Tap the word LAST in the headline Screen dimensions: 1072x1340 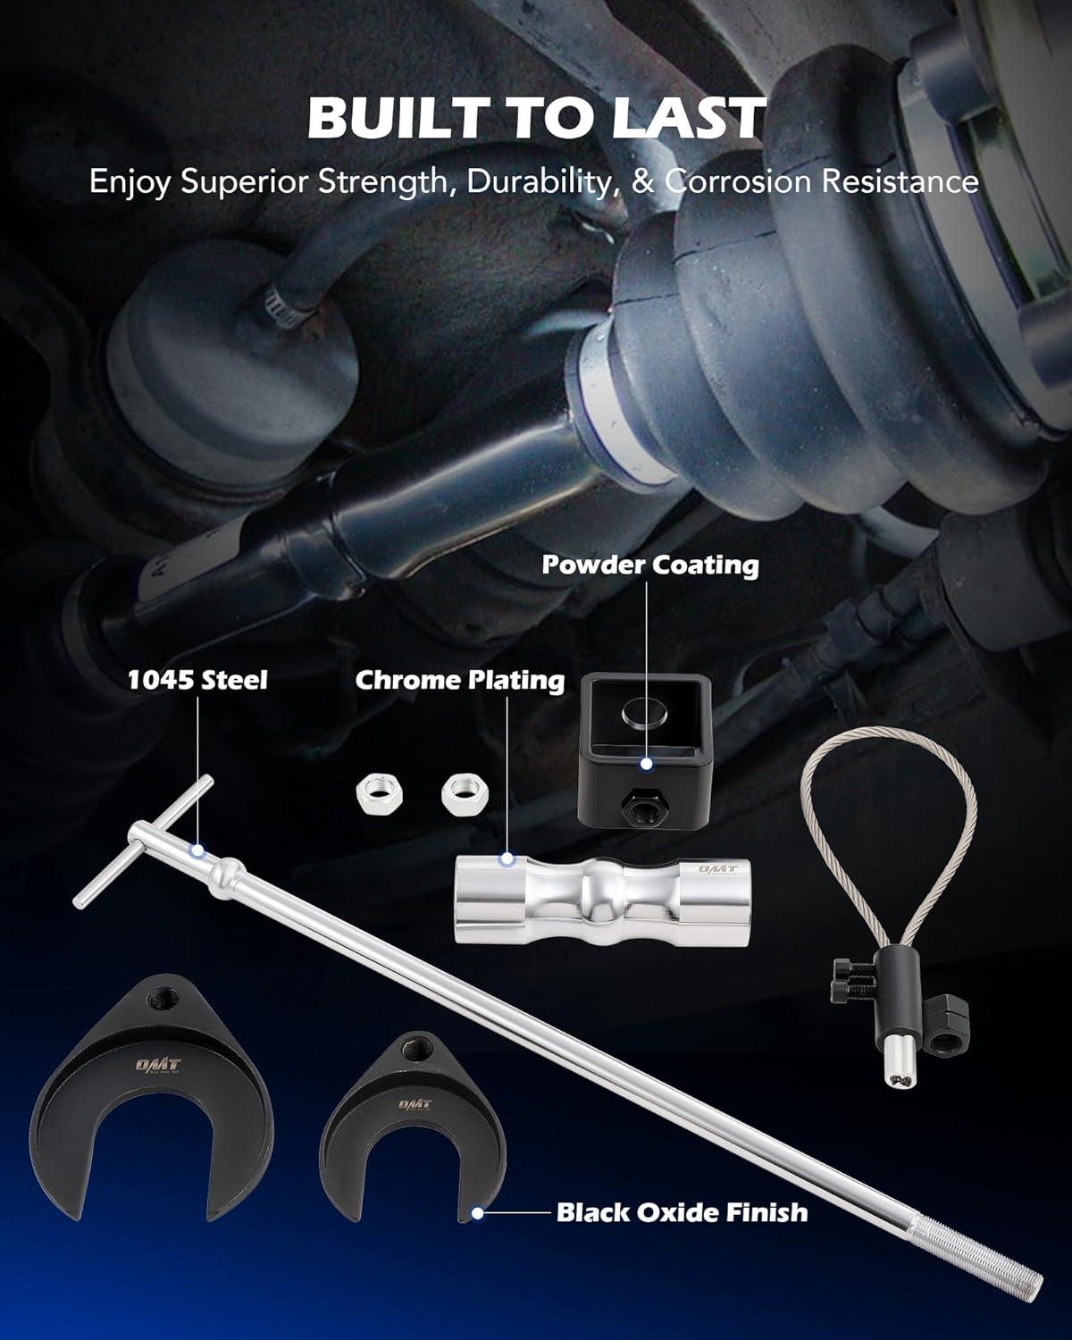click(x=688, y=118)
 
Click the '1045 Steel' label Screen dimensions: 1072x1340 click(x=197, y=680)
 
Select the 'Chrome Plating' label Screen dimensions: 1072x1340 click(x=460, y=681)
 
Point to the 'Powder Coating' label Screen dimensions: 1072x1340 click(x=650, y=565)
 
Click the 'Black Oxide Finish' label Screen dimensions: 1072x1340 click(x=683, y=1212)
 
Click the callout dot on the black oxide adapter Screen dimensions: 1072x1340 click(x=478, y=1212)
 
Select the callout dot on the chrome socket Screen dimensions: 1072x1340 click(x=507, y=858)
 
